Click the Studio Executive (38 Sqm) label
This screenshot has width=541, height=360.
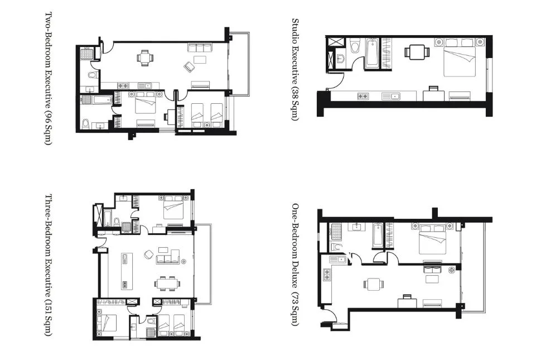point(295,69)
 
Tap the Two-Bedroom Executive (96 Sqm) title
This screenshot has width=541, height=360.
point(49,79)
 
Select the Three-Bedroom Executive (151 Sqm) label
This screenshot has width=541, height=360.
point(49,265)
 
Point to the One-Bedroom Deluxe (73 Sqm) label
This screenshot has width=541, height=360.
point(295,265)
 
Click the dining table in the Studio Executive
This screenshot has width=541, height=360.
point(417,52)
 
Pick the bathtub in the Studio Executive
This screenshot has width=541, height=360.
point(372,54)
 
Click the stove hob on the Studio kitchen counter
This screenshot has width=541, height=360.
point(363,97)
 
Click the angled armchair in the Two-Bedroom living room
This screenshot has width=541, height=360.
point(190,66)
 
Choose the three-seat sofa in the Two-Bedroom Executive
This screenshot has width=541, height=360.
point(200,47)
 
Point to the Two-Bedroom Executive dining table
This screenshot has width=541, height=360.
point(145,57)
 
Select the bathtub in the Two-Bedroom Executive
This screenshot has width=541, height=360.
point(102,100)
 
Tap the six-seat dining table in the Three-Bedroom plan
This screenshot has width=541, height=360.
point(167,284)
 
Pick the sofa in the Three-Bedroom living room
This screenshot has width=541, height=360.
point(168,256)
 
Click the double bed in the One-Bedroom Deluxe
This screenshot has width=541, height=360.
point(431,239)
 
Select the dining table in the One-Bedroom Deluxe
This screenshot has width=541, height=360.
point(374,285)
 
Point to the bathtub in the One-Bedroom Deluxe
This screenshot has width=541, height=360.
point(377,236)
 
